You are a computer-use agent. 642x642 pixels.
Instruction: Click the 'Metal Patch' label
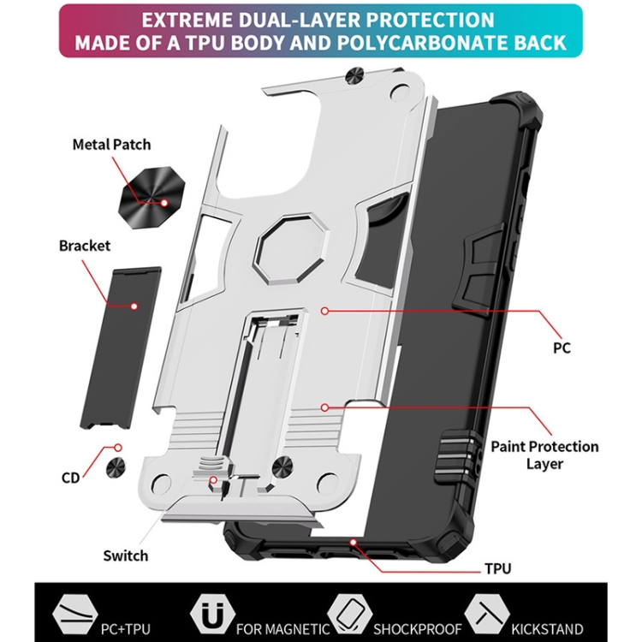[112, 145]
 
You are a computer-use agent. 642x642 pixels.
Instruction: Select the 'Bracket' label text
[84, 246]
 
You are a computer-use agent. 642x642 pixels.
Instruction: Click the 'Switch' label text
[125, 556]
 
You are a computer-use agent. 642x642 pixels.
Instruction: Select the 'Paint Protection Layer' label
[544, 455]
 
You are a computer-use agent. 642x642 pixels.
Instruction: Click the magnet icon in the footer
[213, 613]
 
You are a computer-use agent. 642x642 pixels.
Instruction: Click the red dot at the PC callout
[323, 310]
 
